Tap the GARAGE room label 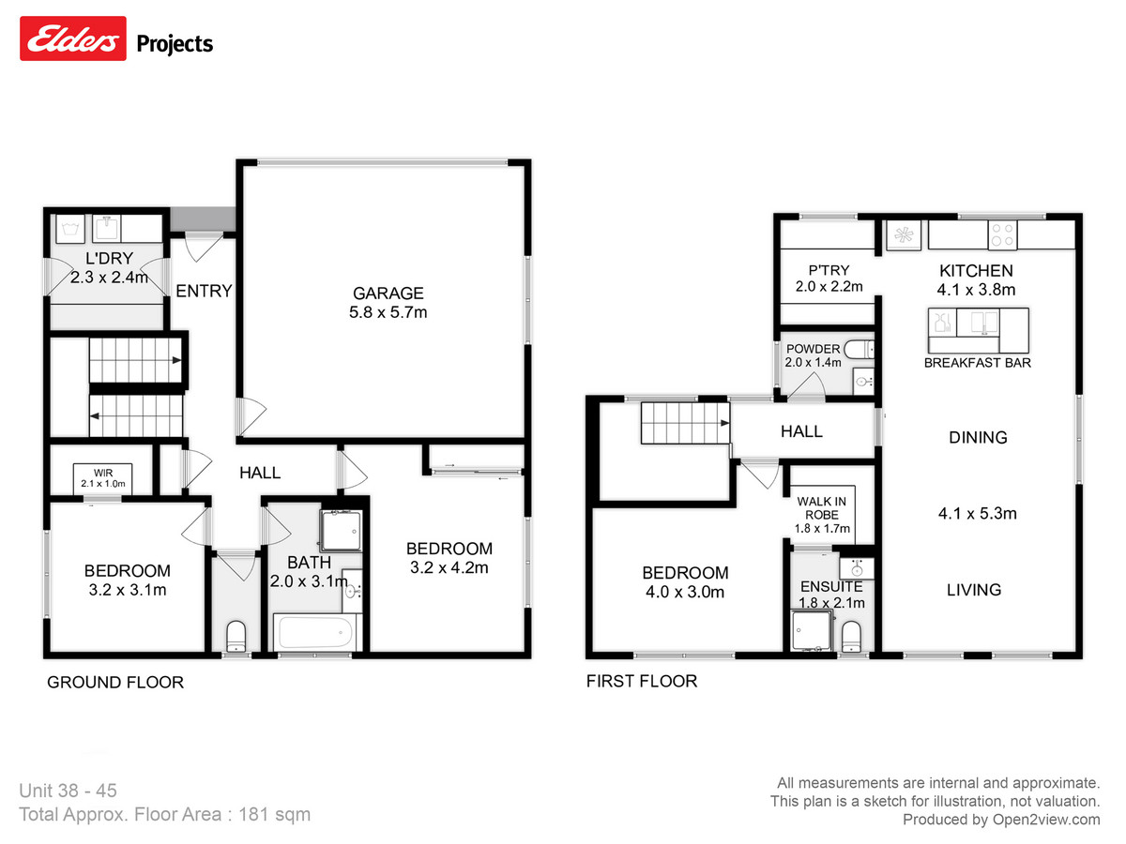(x=388, y=293)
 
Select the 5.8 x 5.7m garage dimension (x=388, y=312)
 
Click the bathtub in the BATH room (x=315, y=631)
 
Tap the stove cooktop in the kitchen (x=1002, y=234)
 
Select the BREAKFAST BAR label (x=977, y=363)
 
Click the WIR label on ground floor (x=102, y=471)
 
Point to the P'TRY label (x=829, y=270)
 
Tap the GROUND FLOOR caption (x=115, y=683)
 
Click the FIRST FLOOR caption (x=642, y=681)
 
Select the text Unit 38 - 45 (x=68, y=791)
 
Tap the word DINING (x=978, y=437)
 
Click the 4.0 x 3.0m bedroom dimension (x=684, y=592)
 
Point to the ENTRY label (x=204, y=292)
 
